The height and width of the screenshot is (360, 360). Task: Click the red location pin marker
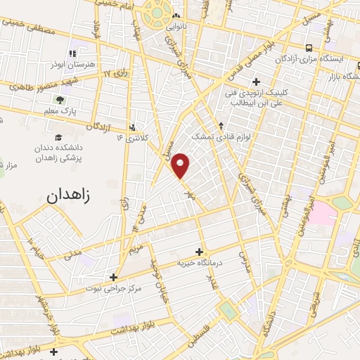click(181, 165)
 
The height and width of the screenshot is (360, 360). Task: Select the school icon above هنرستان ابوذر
click(72, 53)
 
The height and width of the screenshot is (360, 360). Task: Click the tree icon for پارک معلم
click(60, 100)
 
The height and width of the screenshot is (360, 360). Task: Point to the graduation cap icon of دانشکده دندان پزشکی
click(57, 137)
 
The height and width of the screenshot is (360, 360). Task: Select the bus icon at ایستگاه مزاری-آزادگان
click(309, 48)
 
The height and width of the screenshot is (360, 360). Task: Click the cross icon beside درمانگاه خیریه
click(200, 251)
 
